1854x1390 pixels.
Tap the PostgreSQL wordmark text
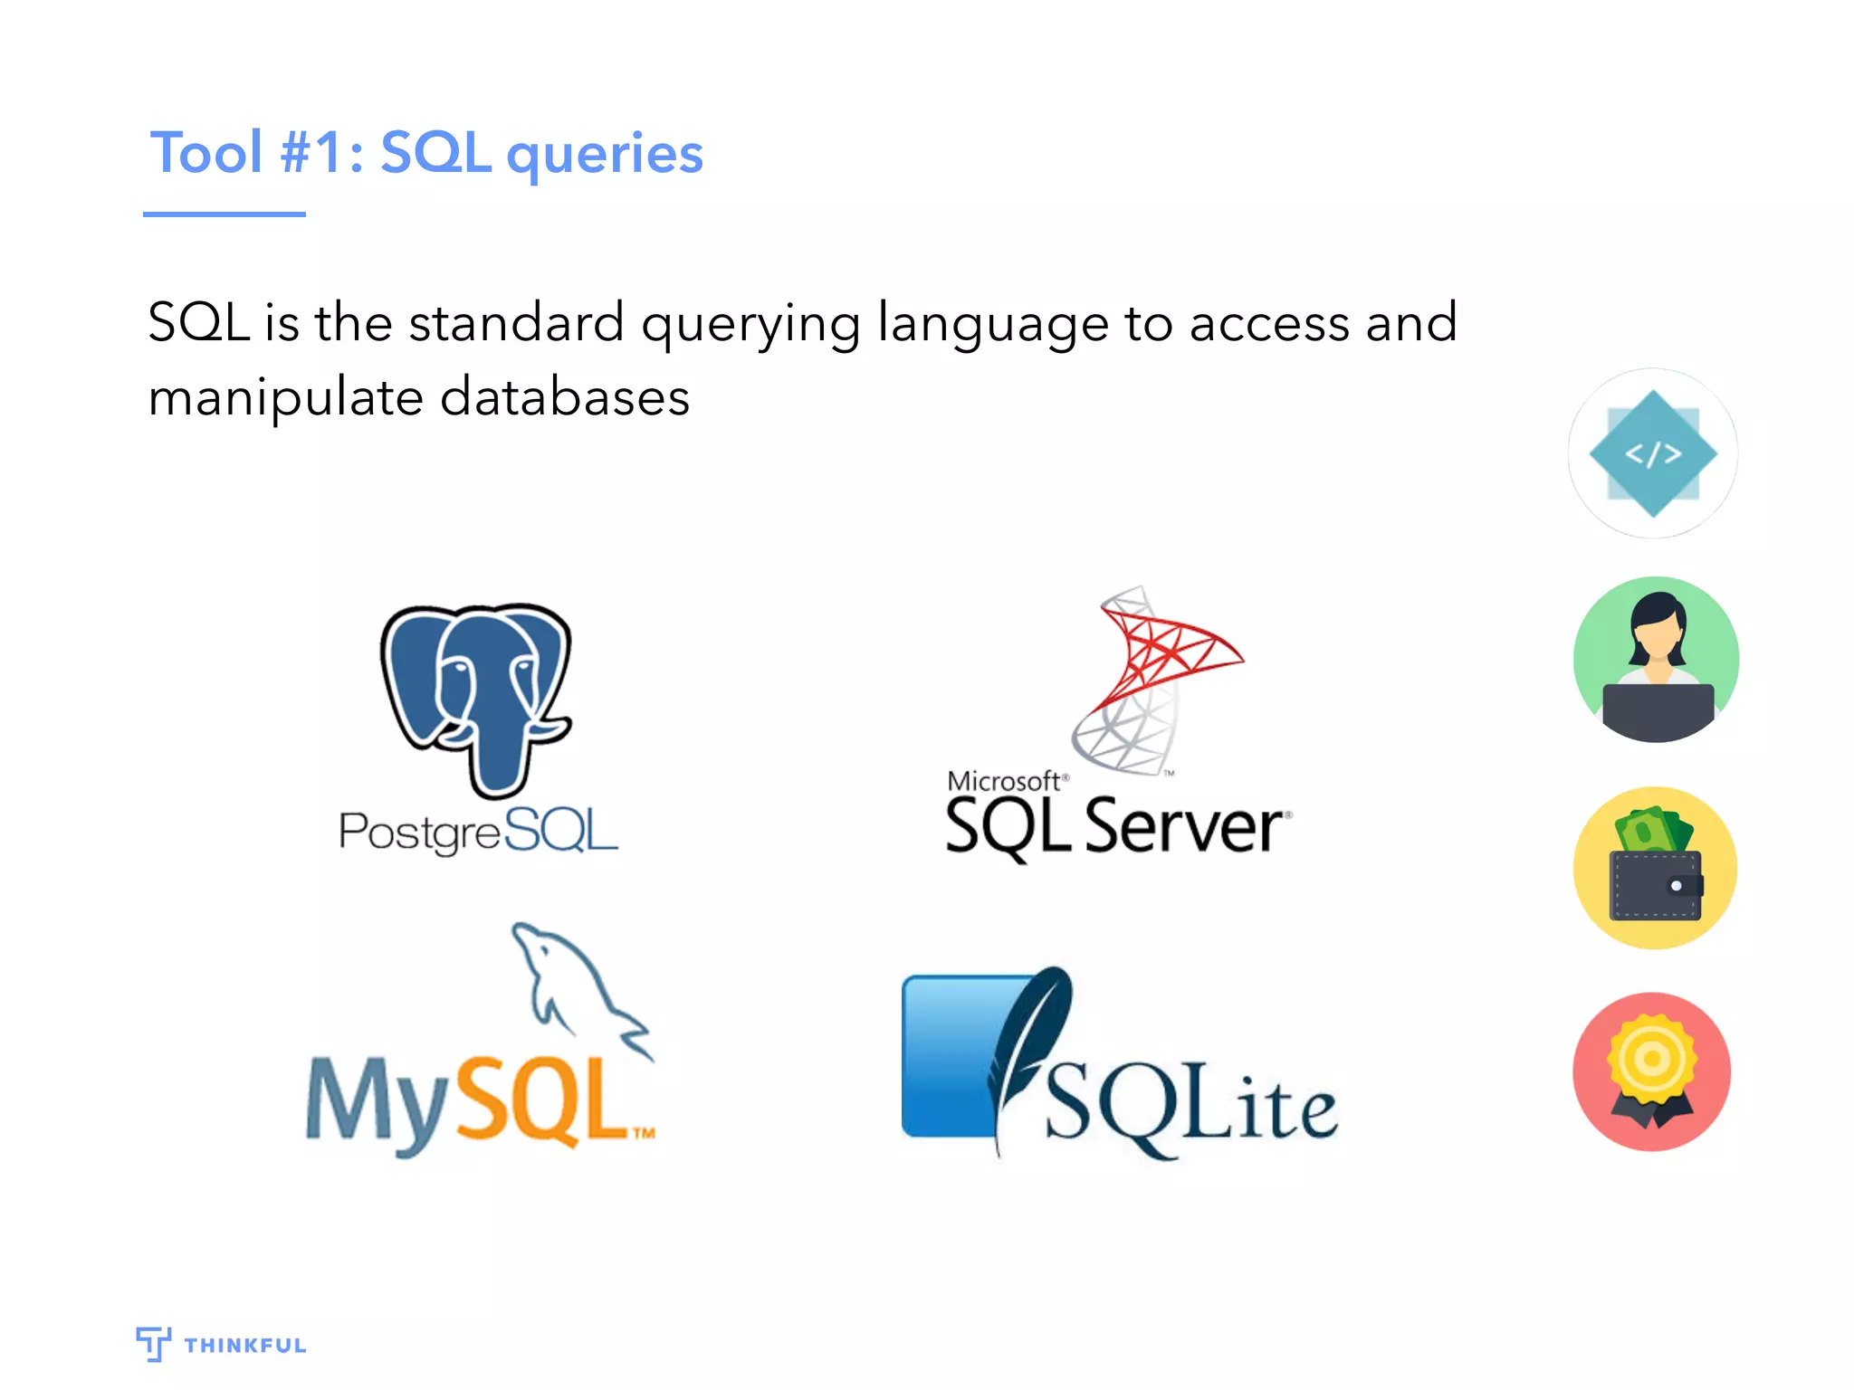coord(478,831)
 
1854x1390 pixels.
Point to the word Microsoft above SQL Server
coord(1003,781)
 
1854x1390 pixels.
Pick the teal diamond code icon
coord(1653,453)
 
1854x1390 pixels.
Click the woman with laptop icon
coord(1656,660)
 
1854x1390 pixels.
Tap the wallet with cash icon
coord(1656,868)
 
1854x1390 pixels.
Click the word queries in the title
coord(605,154)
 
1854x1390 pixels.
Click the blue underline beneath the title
coord(224,214)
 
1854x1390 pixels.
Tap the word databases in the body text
coord(565,397)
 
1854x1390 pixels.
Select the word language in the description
coord(992,324)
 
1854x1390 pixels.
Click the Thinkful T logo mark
coord(153,1344)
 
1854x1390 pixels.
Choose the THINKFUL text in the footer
coord(245,1346)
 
